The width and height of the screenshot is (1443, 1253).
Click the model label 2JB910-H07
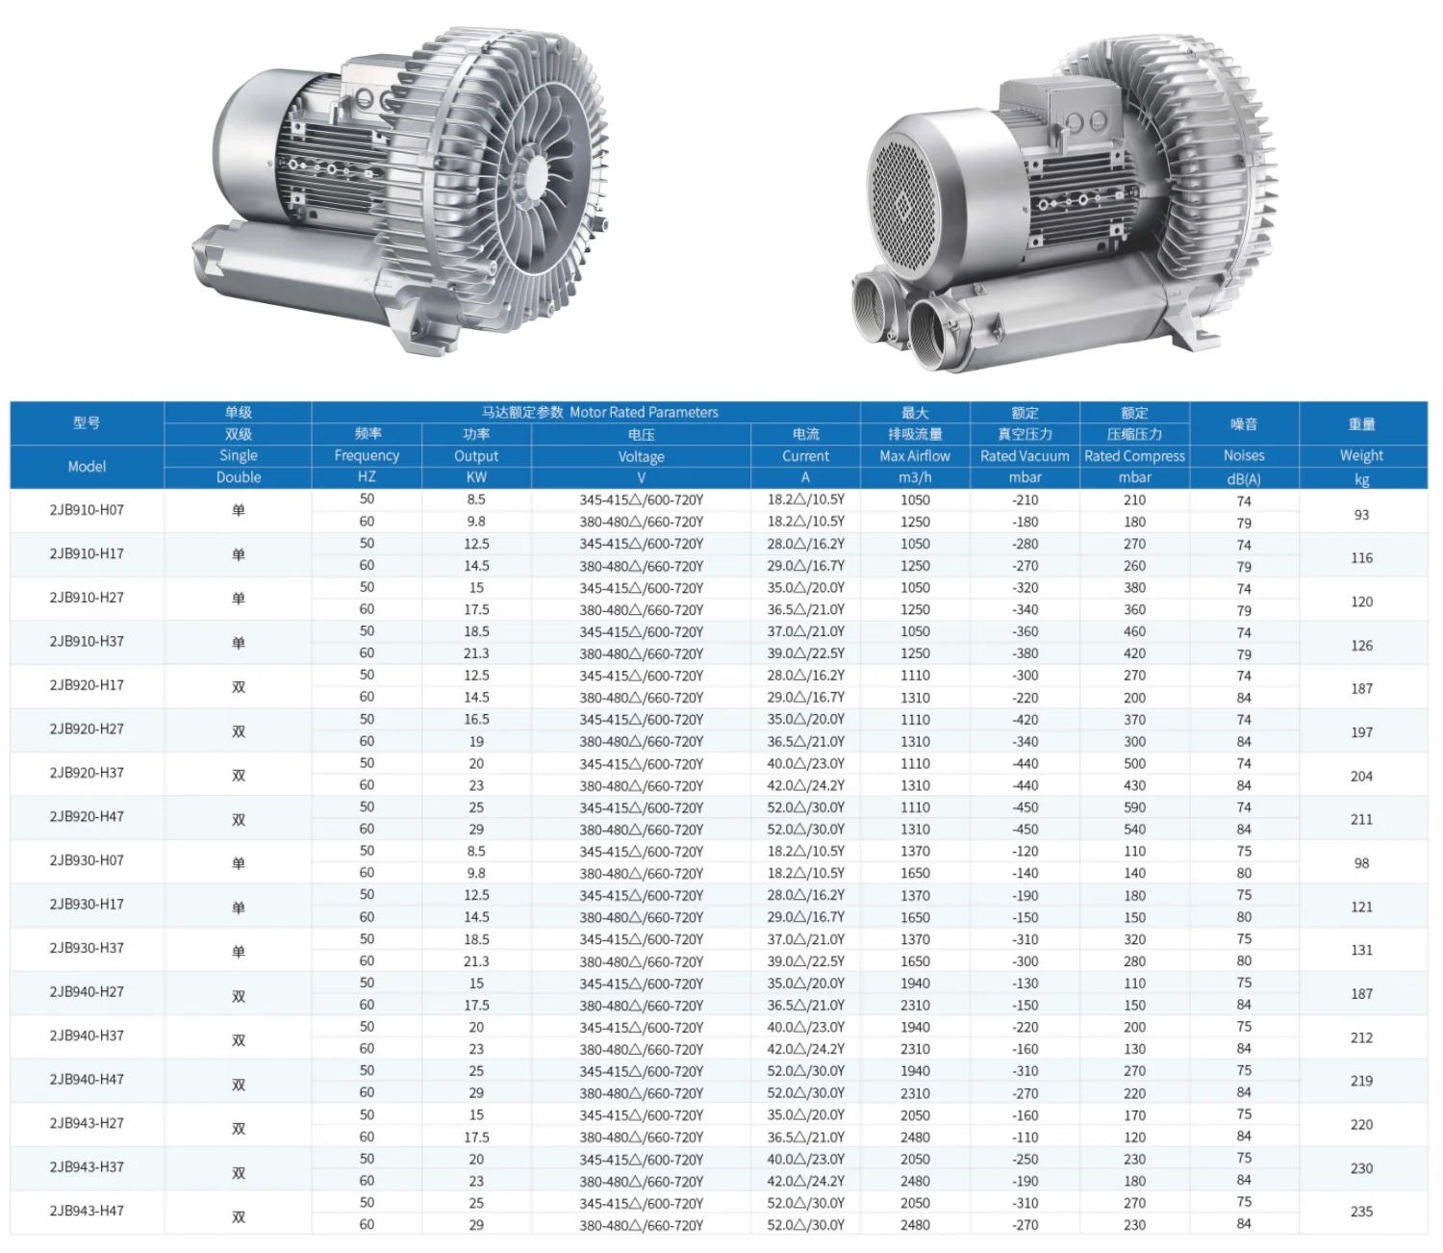[x=87, y=509]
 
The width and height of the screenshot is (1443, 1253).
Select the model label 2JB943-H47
[x=87, y=1211]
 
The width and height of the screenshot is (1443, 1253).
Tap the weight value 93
[x=1361, y=514]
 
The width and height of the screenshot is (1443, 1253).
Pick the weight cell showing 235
[x=1361, y=1212]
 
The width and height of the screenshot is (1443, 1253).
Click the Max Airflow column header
[x=915, y=456]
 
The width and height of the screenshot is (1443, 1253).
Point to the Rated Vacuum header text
[x=1025, y=456]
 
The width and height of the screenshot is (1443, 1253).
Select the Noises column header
[x=1244, y=455]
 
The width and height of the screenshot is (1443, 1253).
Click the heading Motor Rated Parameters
[x=644, y=412]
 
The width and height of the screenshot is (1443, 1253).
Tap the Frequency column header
[x=367, y=456]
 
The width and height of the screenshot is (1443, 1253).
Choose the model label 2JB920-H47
[x=87, y=816]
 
